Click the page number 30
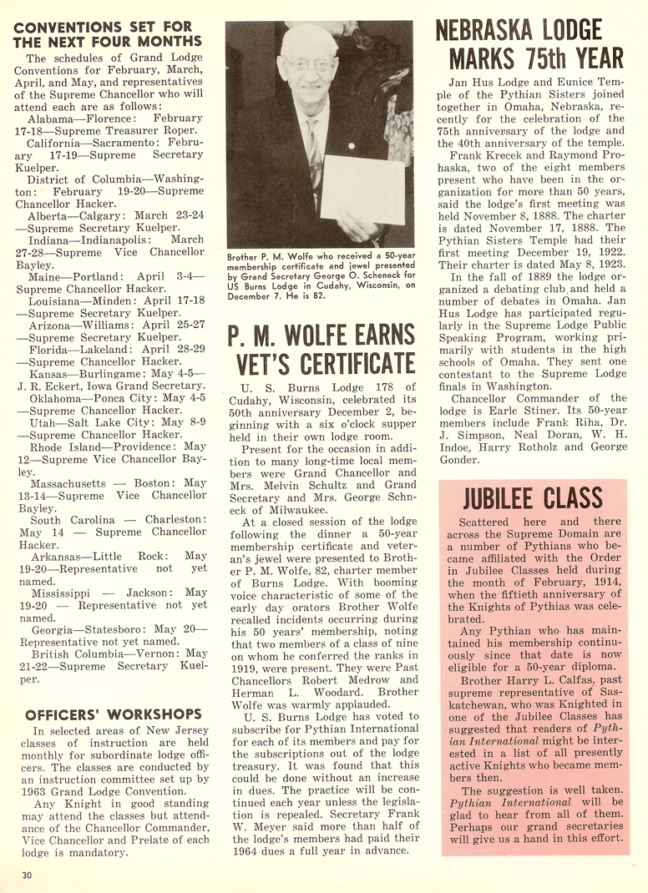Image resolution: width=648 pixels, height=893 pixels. [x=28, y=875]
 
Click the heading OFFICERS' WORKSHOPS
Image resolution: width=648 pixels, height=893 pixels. [x=114, y=714]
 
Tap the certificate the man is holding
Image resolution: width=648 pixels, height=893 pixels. [x=362, y=188]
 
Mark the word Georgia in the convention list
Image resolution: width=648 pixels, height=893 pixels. [x=53, y=628]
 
